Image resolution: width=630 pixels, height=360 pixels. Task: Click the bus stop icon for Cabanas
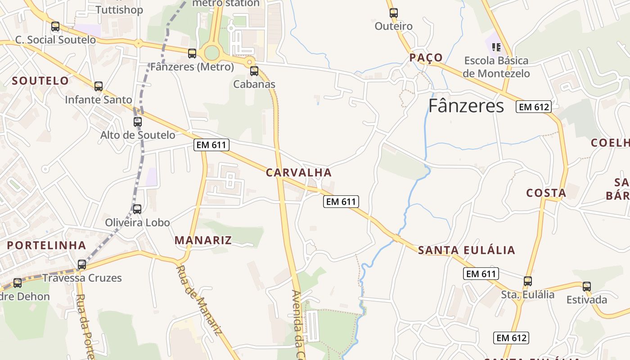pos(254,71)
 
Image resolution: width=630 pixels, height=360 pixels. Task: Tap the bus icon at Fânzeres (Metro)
pos(192,54)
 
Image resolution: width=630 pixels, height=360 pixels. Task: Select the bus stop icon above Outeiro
pos(394,13)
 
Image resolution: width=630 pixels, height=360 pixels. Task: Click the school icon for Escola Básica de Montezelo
pos(496,47)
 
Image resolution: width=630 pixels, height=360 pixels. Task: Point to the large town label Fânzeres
pos(466,106)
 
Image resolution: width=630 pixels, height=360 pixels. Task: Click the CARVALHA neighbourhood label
pos(299,172)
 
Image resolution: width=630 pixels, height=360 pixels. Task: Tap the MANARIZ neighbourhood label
pos(203,240)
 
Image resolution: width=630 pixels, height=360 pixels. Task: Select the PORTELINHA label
pos(47,245)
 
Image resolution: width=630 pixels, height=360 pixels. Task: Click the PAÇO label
pos(426,58)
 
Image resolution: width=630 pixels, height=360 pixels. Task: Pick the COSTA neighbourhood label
pos(546,193)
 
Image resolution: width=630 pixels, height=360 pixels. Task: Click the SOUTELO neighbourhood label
pos(40,81)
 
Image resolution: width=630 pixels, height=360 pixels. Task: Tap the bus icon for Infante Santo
pos(99,86)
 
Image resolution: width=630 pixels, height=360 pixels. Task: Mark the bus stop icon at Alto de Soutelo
pos(138,121)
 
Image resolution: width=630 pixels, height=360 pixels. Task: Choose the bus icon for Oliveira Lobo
pos(137,209)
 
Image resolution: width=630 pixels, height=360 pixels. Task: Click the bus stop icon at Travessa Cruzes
pos(82,265)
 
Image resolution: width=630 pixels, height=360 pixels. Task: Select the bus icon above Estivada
pos(587,286)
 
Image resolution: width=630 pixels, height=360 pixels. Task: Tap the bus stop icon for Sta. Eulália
pos(528,281)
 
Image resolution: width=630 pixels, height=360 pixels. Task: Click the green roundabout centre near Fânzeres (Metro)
pos(211,53)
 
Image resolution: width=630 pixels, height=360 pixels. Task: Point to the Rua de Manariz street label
pos(198,301)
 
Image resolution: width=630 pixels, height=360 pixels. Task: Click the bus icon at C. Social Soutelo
pos(55,27)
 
